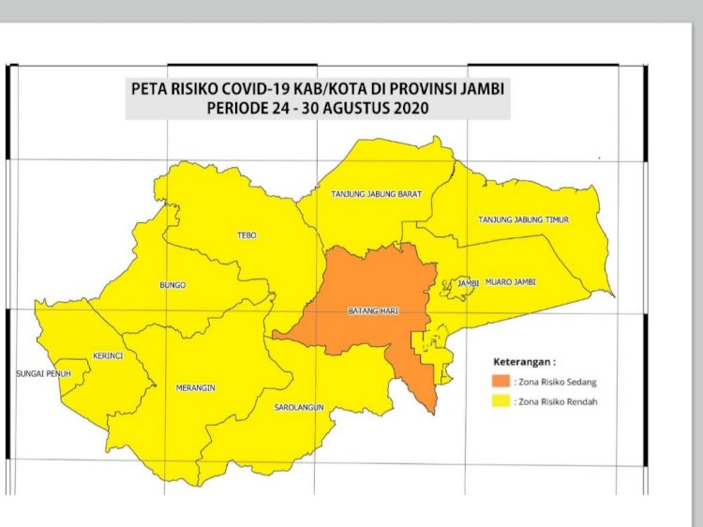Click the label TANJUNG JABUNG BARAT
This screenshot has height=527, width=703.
click(376, 194)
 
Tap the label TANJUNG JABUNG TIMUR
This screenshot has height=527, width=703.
click(524, 219)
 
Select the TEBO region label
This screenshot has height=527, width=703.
click(247, 235)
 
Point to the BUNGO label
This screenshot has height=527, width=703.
click(172, 284)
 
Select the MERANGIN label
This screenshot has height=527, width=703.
click(195, 387)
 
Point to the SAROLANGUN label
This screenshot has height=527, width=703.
click(298, 408)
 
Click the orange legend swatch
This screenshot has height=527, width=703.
click(501, 382)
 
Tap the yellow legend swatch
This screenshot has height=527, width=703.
click(501, 401)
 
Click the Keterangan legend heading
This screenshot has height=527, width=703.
click(524, 361)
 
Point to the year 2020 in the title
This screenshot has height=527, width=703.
click(411, 109)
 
